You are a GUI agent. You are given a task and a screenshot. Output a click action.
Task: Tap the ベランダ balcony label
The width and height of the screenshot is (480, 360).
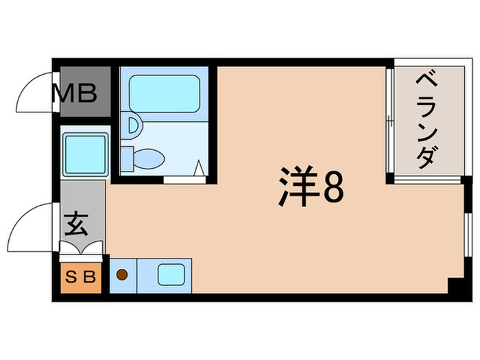coord(424,119)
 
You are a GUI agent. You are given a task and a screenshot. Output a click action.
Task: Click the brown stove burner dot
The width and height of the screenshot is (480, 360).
coord(121,276)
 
